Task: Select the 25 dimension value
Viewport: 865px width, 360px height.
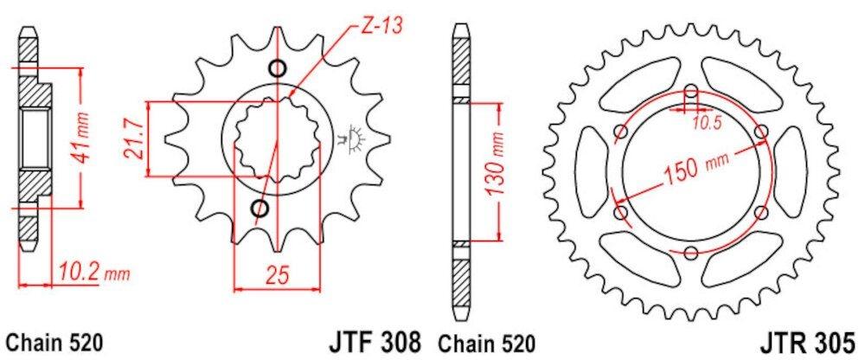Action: [276, 276]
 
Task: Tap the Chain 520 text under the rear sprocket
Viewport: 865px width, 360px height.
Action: [486, 341]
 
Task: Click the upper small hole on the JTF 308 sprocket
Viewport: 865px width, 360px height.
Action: [277, 69]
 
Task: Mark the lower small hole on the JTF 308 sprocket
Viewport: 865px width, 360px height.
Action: [259, 208]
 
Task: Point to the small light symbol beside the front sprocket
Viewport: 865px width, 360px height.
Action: [353, 138]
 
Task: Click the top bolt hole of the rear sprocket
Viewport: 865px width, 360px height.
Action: [690, 90]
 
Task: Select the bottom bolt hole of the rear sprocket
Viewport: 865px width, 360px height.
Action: [690, 253]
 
